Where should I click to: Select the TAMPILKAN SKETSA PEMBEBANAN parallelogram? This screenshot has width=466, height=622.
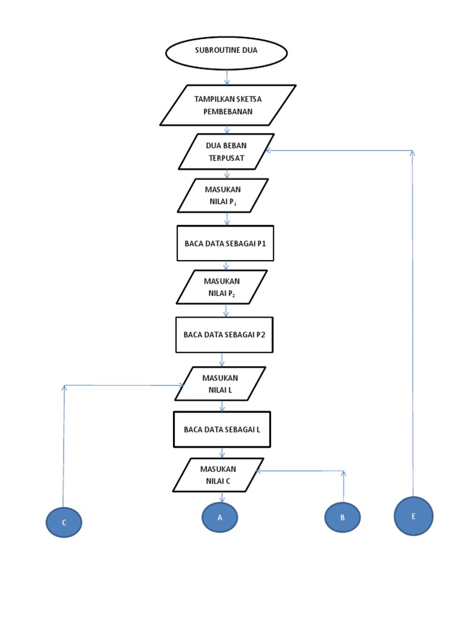click(x=228, y=105)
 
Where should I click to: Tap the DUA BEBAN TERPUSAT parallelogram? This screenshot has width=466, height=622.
click(x=226, y=151)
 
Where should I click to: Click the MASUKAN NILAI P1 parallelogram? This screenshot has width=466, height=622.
click(x=223, y=196)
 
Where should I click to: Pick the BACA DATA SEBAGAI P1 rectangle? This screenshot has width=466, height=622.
click(x=225, y=244)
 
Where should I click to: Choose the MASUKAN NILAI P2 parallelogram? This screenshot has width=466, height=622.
click(x=222, y=287)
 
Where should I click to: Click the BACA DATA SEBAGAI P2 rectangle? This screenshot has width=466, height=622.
click(x=225, y=335)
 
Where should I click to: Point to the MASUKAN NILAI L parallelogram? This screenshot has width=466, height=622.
click(x=220, y=384)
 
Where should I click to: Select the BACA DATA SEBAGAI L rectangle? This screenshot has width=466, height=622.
click(x=222, y=429)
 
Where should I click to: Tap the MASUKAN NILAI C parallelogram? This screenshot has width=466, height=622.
click(x=218, y=475)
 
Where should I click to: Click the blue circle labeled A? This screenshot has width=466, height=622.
click(x=220, y=518)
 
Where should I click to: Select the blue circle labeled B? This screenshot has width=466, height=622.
click(x=342, y=518)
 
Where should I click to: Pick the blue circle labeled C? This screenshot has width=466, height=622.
click(x=64, y=522)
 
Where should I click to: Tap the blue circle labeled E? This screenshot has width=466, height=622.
click(x=413, y=516)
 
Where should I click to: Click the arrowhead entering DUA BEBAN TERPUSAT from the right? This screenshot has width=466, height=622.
click(x=268, y=151)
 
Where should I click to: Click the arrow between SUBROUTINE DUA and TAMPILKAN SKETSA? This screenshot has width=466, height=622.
click(x=227, y=77)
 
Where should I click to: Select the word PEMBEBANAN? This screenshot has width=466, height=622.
click(x=228, y=112)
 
